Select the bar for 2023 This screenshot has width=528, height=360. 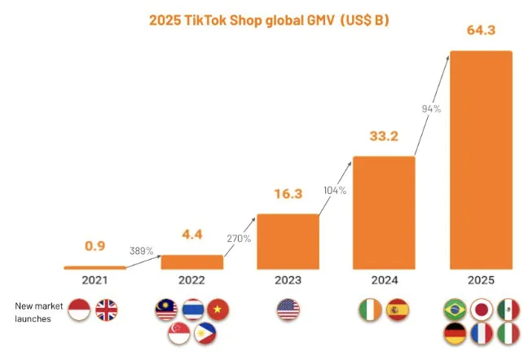pyautogui.click(x=288, y=241)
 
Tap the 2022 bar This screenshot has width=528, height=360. pyautogui.click(x=191, y=261)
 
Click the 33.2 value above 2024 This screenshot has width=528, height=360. pyautogui.click(x=384, y=136)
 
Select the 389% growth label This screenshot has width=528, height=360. pyautogui.click(x=141, y=251)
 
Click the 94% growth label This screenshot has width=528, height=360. pyautogui.click(x=431, y=108)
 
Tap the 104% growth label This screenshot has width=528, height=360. pyautogui.click(x=335, y=190)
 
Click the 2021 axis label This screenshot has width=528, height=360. pyautogui.click(x=95, y=280)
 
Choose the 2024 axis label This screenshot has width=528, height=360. pyautogui.click(x=384, y=280)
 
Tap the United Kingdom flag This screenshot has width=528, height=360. pyautogui.click(x=107, y=310)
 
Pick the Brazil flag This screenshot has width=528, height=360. pyautogui.click(x=455, y=310)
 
